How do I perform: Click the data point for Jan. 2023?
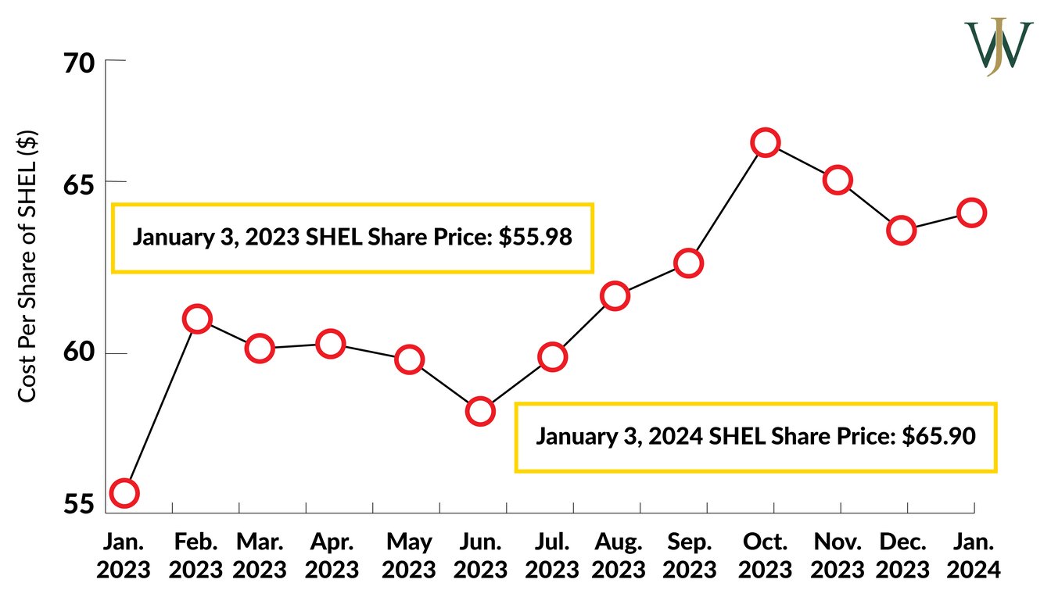tap(124, 492)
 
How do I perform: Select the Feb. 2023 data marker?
tap(197, 319)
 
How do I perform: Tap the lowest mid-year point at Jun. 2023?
tap(479, 411)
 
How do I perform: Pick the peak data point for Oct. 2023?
tap(765, 142)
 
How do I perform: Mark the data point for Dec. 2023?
tap(901, 231)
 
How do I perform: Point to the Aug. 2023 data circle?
tap(615, 296)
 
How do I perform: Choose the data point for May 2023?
tap(409, 359)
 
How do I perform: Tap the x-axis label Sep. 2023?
tap(689, 554)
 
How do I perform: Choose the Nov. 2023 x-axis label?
tap(838, 554)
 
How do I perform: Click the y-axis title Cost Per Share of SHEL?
tap(27, 266)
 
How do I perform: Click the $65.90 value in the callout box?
tap(938, 436)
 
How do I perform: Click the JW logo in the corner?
tap(998, 47)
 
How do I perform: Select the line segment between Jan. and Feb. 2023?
tap(160, 406)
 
